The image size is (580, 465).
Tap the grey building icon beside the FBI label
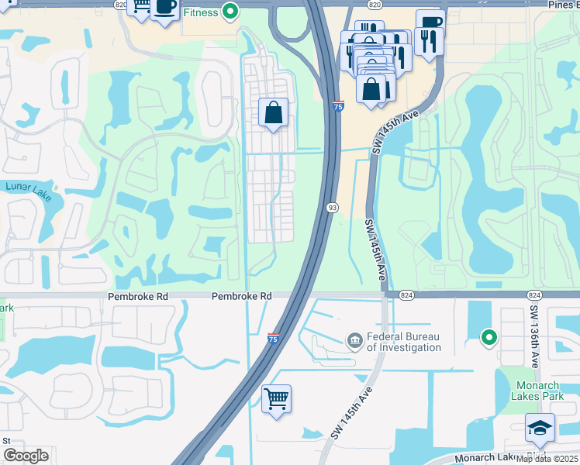click(354, 340)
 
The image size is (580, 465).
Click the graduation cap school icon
click(540, 427)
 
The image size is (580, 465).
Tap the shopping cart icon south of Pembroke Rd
click(276, 399)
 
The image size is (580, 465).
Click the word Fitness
click(201, 12)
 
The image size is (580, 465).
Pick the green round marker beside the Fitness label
click(230, 11)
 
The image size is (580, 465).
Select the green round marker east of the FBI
click(489, 337)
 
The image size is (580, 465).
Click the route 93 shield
click(332, 208)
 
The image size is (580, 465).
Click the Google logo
click(26, 456)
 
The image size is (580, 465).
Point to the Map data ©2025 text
click(547, 459)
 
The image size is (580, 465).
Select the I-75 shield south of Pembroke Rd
click(272, 339)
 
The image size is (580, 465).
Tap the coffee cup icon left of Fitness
click(164, 8)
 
